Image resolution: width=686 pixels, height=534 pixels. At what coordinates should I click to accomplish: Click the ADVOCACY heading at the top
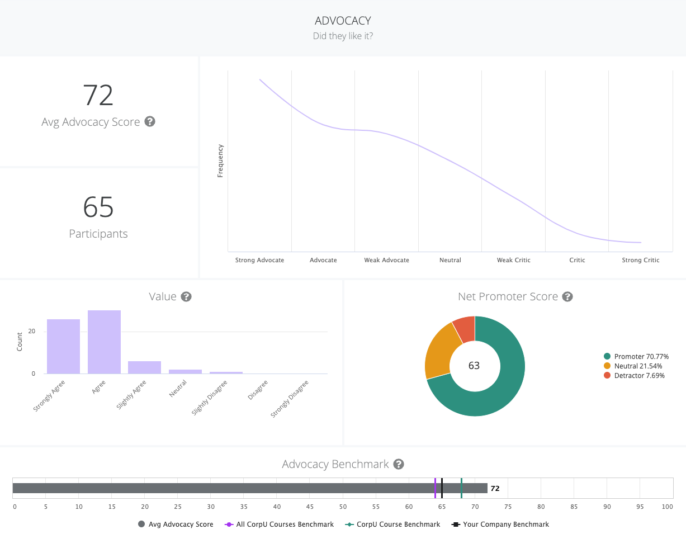pyautogui.click(x=343, y=21)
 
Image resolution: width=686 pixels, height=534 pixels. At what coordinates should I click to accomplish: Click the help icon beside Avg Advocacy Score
pyautogui.click(x=150, y=121)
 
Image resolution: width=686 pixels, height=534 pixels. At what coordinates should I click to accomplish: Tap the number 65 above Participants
pyautogui.click(x=98, y=207)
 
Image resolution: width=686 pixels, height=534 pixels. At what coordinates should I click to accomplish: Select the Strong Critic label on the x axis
pyautogui.click(x=640, y=260)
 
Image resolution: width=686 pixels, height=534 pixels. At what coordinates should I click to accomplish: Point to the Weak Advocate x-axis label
pyautogui.click(x=386, y=260)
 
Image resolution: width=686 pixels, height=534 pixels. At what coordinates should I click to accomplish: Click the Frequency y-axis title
pyautogui.click(x=220, y=161)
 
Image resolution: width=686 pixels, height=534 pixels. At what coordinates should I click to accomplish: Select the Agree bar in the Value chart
pyautogui.click(x=104, y=342)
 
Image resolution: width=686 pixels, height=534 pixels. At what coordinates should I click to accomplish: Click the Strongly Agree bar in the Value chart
pyautogui.click(x=63, y=346)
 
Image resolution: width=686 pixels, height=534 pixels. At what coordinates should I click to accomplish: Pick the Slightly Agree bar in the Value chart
pyautogui.click(x=144, y=367)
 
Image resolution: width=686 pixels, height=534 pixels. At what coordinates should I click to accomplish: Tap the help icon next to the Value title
pyautogui.click(x=187, y=296)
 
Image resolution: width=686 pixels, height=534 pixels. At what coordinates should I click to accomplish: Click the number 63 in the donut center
pyautogui.click(x=474, y=366)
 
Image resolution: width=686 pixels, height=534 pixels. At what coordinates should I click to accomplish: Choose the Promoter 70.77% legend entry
pyautogui.click(x=636, y=356)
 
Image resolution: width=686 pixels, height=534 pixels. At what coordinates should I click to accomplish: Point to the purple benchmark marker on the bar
pyautogui.click(x=435, y=488)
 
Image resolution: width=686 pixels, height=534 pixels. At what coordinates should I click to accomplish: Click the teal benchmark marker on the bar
pyautogui.click(x=461, y=488)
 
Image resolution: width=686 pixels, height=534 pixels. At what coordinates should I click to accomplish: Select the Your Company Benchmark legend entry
pyautogui.click(x=500, y=524)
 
